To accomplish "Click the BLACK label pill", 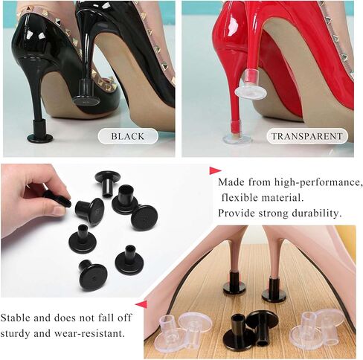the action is (128, 136).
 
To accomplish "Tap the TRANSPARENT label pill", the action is (307, 136).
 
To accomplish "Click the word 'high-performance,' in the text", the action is (318, 183).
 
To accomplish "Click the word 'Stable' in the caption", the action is (15, 318).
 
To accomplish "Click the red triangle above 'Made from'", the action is (215, 170).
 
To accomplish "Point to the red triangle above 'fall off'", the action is (141, 304).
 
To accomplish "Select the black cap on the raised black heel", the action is (86, 93).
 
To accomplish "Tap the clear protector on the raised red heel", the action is (251, 85).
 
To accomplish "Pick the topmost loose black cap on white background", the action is (108, 183).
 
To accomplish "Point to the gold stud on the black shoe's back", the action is (58, 21).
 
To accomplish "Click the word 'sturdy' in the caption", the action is (15, 333).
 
